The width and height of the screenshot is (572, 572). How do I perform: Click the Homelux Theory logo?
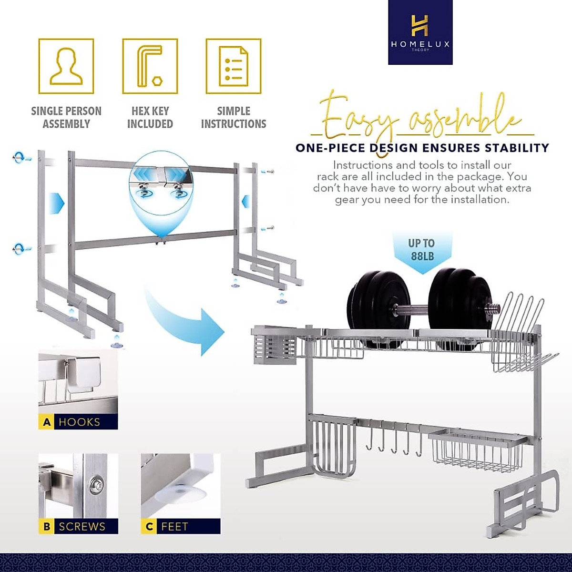(x=420, y=32)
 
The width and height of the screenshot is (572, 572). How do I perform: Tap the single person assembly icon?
(x=66, y=66)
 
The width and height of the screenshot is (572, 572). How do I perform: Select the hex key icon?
(x=150, y=66)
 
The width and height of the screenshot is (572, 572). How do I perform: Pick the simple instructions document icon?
(x=234, y=66)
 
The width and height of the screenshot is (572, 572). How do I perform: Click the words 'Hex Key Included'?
(x=150, y=117)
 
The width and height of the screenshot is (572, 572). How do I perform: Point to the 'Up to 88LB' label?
(x=421, y=250)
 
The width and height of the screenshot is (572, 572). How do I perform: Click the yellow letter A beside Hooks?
(x=47, y=422)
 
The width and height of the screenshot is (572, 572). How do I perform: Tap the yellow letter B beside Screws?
(x=47, y=527)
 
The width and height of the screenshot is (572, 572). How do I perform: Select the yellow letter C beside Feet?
(x=149, y=527)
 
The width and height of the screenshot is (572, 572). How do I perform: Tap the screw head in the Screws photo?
(x=96, y=484)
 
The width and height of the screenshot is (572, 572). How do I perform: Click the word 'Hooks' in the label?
(x=79, y=422)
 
